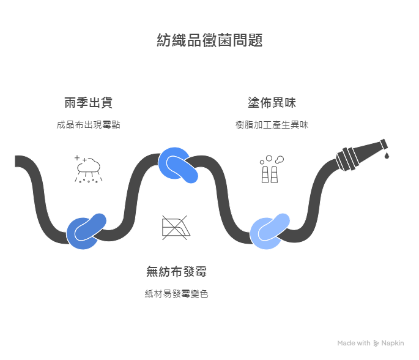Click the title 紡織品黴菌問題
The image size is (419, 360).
[210, 41]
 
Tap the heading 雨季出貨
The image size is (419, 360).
[88, 102]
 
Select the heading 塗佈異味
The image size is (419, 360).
[272, 102]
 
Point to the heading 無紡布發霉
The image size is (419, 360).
[180, 271]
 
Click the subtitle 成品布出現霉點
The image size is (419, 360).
[88, 125]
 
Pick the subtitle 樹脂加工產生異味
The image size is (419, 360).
[272, 125]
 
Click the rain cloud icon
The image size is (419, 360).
[88, 168]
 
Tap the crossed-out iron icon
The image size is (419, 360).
[176, 226]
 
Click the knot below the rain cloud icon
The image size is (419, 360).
[86, 231]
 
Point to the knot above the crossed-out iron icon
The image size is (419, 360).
[178, 164]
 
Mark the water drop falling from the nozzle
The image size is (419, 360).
[387, 156]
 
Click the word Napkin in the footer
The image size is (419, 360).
[393, 343]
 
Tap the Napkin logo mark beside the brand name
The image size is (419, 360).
[376, 343]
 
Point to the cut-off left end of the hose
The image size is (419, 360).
[18, 161]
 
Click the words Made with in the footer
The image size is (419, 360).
[354, 343]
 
